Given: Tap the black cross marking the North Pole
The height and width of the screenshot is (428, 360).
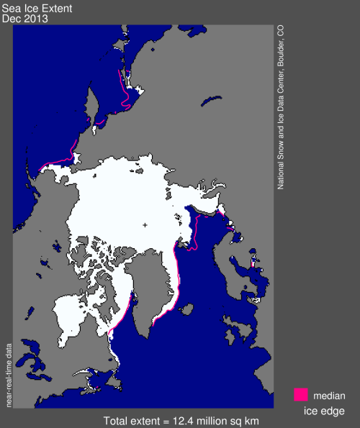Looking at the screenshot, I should point(145,225).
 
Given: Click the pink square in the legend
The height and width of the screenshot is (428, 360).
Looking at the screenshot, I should point(301,394).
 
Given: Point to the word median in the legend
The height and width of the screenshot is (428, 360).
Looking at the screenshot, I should point(329,395).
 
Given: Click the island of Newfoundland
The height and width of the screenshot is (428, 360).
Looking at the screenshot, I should point(89,373).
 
